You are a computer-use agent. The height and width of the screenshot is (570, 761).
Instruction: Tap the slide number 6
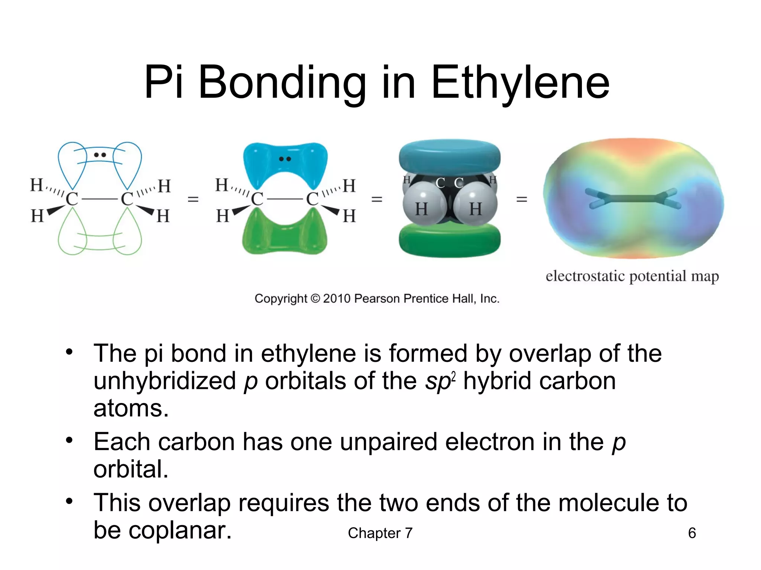[692, 533]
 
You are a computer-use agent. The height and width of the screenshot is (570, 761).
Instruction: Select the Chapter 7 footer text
[380, 533]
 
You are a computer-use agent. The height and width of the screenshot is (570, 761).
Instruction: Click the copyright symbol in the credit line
[315, 298]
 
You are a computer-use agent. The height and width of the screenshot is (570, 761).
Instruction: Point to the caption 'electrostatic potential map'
[632, 276]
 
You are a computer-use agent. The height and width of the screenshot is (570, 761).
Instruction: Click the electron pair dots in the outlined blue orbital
[100, 155]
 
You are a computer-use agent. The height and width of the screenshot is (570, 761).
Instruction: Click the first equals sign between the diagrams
[193, 199]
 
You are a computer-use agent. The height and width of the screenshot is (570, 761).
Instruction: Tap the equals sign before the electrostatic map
[522, 199]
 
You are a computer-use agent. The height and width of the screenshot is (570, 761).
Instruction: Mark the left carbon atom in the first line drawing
[72, 199]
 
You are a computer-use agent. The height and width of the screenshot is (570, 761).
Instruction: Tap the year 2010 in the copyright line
[337, 298]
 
